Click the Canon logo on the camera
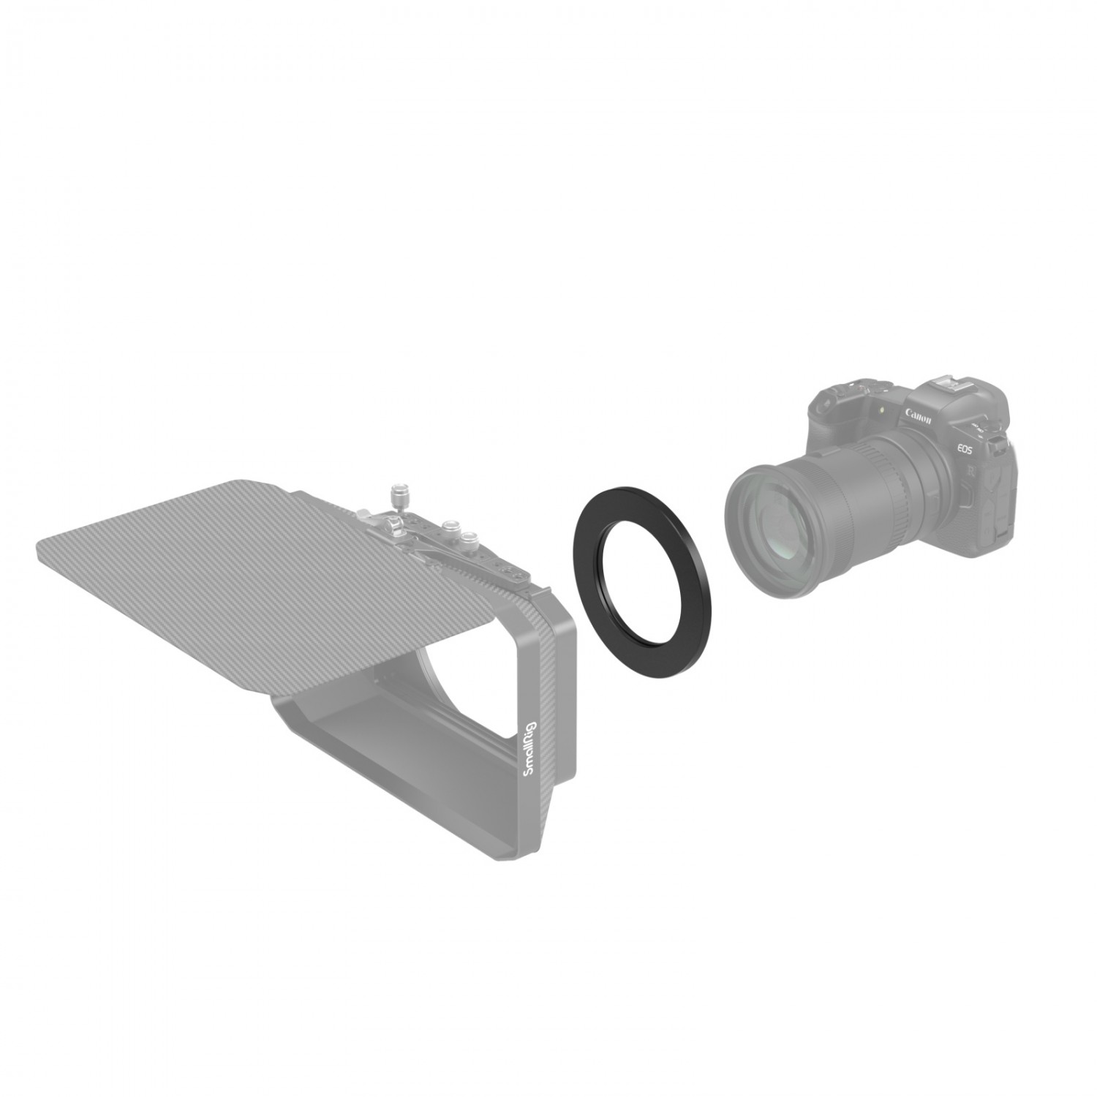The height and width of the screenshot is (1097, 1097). click(x=919, y=418)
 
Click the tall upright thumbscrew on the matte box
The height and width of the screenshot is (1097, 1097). click(x=400, y=497)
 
